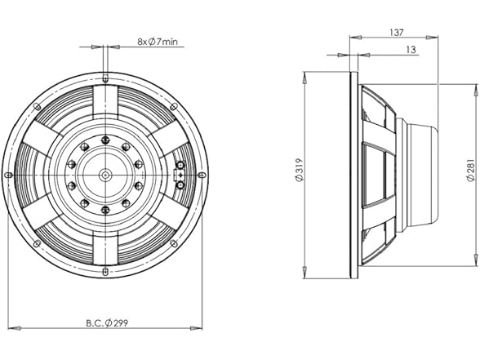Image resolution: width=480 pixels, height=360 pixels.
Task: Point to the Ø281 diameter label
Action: [x=469, y=175]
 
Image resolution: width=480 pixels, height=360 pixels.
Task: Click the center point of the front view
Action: [x=105, y=175]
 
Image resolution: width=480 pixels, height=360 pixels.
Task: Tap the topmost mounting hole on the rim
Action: [x=105, y=79]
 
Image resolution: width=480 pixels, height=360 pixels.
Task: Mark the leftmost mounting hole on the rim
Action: [x=9, y=175]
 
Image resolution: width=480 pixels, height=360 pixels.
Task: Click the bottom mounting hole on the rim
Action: [x=105, y=270]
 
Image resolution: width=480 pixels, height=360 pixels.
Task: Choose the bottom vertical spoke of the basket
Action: [x=105, y=246]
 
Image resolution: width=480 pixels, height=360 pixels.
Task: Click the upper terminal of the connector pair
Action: [x=180, y=166]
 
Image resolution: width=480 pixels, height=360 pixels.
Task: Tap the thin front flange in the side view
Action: [x=353, y=175]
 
